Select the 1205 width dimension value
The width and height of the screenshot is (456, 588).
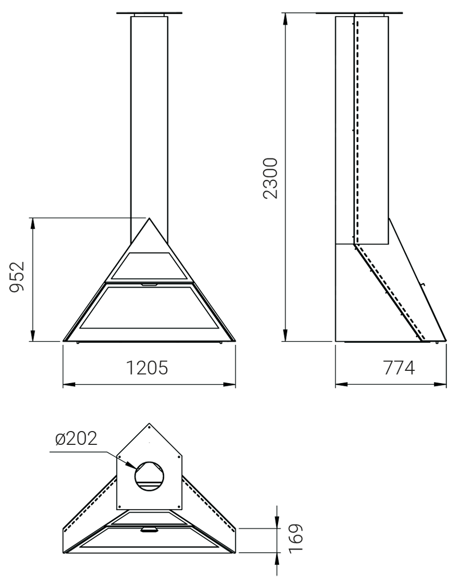(x=146, y=368)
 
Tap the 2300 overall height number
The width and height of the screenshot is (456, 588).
(x=271, y=178)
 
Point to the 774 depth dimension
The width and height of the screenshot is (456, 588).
(x=400, y=368)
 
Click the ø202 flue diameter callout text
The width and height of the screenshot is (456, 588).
(x=76, y=438)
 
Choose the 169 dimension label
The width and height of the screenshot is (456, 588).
(x=296, y=538)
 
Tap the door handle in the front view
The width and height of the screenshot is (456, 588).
(x=149, y=285)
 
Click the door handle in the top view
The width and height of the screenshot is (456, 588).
(x=149, y=529)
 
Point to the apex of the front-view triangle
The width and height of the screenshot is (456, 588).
(x=149, y=218)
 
